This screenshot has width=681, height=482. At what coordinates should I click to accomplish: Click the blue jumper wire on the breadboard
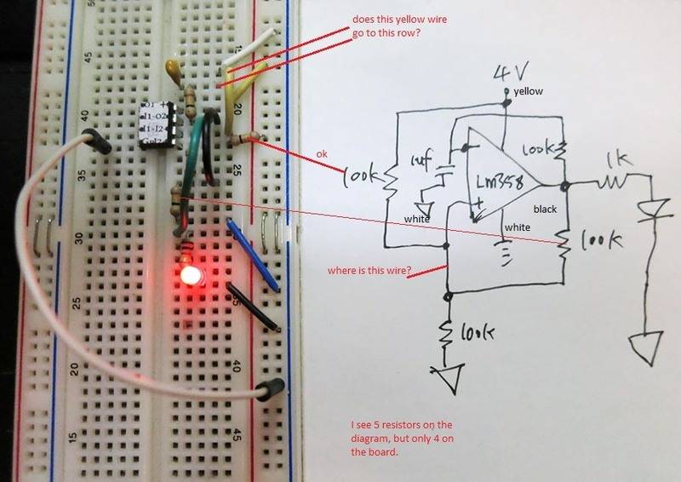point(253,253)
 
